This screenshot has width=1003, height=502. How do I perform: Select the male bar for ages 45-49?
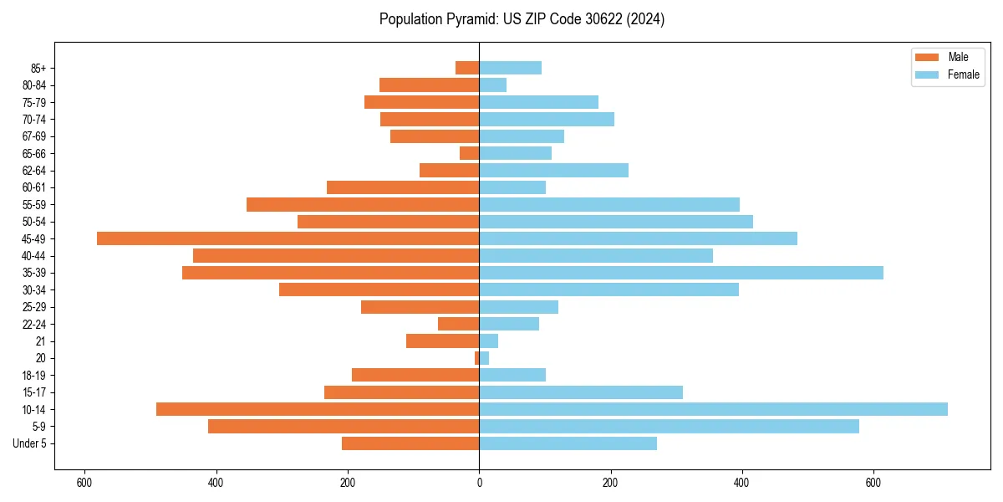[288, 238]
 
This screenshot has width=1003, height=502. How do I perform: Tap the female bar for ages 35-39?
[681, 273]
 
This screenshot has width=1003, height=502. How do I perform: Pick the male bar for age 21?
[443, 341]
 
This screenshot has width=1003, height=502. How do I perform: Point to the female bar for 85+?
[511, 68]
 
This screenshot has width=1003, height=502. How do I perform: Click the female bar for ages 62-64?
[554, 170]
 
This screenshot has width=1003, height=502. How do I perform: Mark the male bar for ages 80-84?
[430, 85]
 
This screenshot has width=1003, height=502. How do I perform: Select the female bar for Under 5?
[568, 443]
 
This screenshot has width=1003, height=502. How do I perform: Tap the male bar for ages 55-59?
[363, 204]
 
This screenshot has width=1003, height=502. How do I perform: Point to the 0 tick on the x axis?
[479, 483]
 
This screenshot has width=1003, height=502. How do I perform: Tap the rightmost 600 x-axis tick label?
[873, 483]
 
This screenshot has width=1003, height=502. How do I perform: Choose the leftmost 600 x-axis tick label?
[84, 483]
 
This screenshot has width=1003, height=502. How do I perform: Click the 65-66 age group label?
[34, 153]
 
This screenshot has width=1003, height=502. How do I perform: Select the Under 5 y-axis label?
[29, 443]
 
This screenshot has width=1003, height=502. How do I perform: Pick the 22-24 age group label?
[34, 324]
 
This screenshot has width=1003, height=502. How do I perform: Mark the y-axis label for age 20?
[41, 358]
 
